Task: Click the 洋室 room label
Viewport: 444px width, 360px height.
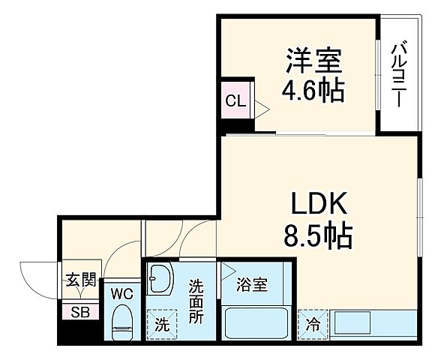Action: (x=312, y=59)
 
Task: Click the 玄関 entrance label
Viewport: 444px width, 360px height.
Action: (x=79, y=282)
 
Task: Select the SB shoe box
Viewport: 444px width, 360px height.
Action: (x=79, y=312)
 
